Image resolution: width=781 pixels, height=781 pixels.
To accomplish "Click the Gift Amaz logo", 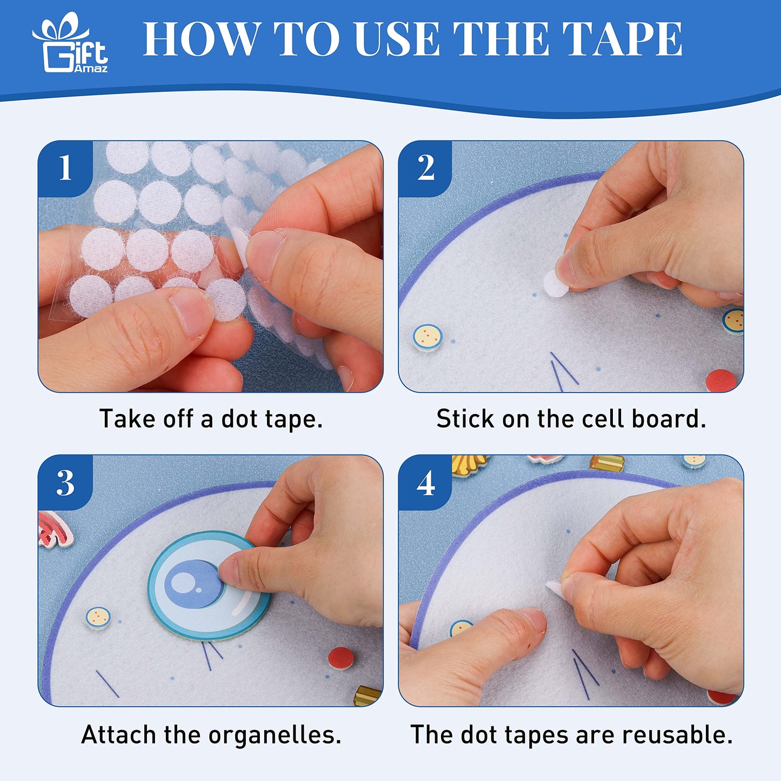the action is [70, 43].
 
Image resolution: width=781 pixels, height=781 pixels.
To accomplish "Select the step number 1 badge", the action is [65, 168].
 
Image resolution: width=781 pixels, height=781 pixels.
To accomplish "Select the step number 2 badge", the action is [425, 168].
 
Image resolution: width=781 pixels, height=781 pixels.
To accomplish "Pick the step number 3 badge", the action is [65, 483].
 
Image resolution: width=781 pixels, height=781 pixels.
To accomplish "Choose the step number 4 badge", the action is [425, 483].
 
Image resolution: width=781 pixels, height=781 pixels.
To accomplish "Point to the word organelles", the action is [275, 735].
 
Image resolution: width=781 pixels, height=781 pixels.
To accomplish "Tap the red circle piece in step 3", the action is [341, 658].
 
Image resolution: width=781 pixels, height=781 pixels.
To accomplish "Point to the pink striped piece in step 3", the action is [56, 529].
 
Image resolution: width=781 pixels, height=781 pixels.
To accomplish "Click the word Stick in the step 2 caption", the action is [465, 419].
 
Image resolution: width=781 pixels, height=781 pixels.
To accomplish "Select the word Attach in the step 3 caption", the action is [118, 735].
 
